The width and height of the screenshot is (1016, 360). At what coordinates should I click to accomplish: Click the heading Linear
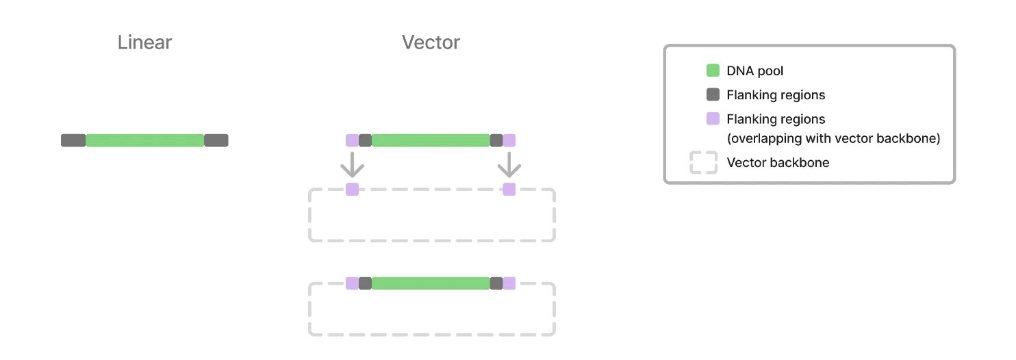pos(144,42)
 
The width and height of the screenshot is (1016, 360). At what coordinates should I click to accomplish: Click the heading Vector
pos(431,42)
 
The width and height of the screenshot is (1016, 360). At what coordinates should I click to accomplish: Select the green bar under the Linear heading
pos(144,140)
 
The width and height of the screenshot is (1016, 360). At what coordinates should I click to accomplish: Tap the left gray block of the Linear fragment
pos(73,140)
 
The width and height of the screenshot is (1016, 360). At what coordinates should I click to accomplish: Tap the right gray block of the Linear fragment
pos(216,140)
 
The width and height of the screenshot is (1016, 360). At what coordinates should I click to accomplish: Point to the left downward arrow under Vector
pos(352,165)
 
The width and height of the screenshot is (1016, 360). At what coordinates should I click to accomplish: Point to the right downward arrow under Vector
pos(509,165)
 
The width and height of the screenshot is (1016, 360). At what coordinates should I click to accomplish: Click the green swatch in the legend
pos(713,70)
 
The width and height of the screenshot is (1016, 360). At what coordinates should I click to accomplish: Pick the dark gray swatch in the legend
pos(713,94)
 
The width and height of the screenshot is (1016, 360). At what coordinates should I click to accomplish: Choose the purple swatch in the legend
pos(713,118)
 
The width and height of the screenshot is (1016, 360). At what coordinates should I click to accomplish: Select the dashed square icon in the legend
pos(703,163)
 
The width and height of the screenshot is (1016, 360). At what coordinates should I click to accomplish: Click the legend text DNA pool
pos(755,71)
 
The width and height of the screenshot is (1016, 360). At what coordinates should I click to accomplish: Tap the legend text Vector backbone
pos(778,163)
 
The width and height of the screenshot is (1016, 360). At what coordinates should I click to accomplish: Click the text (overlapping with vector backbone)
pos(833,139)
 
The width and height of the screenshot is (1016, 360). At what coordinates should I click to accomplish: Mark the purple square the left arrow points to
pos(352,190)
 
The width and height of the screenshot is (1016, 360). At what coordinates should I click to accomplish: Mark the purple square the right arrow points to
pos(509,190)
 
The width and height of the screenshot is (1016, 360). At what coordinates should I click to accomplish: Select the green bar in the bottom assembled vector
pos(431,283)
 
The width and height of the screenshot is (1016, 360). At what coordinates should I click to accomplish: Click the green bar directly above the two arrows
pos(431,140)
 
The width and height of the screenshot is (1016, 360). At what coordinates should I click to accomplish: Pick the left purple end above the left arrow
pos(352,140)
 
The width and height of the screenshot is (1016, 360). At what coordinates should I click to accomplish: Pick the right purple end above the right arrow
pos(509,140)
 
